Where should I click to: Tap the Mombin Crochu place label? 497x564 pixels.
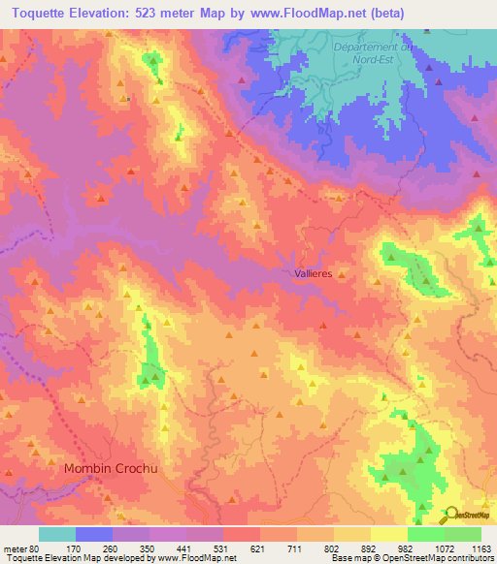coord(110,468)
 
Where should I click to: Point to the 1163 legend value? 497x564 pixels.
coord(480,548)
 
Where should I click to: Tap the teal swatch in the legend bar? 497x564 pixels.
coord(56,534)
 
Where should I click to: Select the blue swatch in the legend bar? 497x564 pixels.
coord(93,534)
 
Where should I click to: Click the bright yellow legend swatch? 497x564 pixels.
coord(388,534)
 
